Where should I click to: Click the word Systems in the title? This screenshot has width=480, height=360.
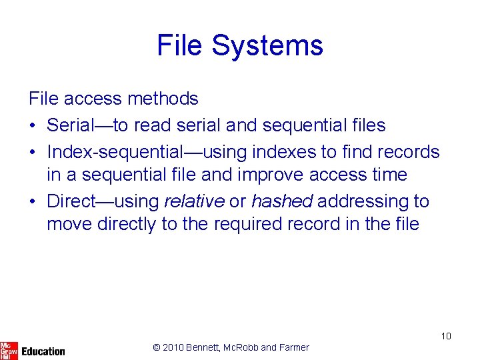point(268,45)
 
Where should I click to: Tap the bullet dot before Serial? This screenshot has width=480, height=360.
point(33,125)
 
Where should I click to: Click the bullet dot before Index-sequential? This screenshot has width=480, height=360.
point(33,152)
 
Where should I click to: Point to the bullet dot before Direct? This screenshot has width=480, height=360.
point(33,201)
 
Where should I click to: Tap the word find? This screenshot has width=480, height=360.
point(357,152)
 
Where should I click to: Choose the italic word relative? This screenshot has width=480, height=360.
point(194,201)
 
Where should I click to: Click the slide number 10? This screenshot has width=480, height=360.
point(446,336)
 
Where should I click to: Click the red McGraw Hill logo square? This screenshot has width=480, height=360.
point(9,349)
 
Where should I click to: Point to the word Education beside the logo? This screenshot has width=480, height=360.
point(43,351)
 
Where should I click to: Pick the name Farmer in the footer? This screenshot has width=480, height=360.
point(294,347)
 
